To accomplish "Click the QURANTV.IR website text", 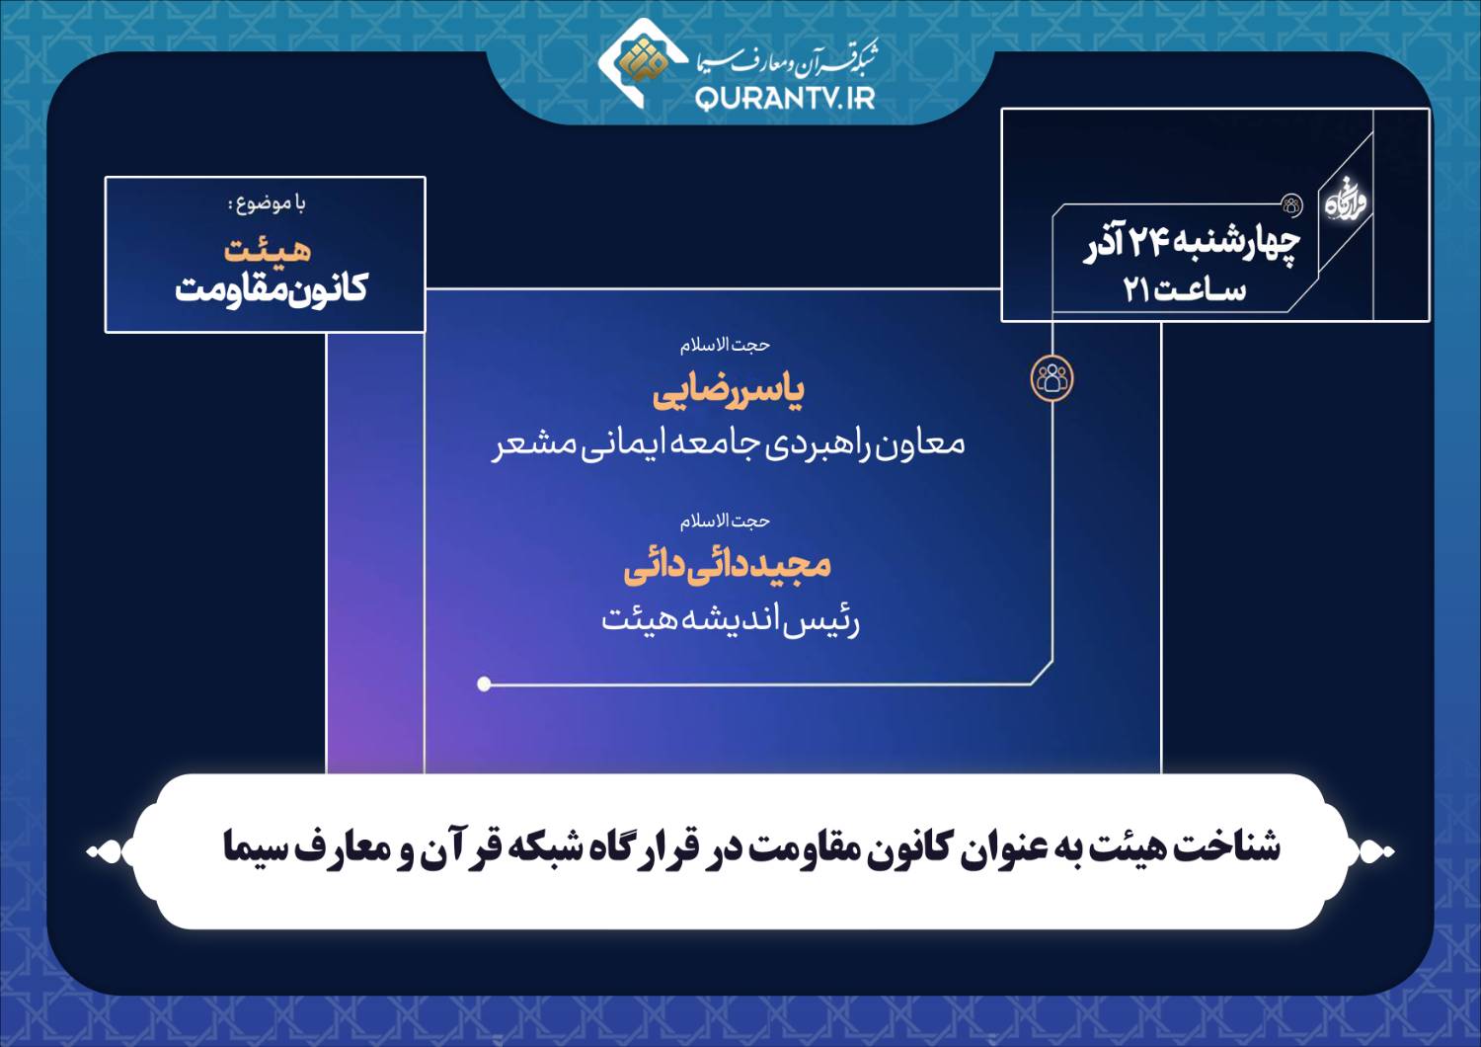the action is [785, 99].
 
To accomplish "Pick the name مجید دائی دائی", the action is [728, 568].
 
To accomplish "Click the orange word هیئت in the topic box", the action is [268, 251].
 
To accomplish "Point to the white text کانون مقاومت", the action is [272, 289].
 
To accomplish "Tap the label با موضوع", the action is [267, 203].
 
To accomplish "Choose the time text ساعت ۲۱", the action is [1185, 289].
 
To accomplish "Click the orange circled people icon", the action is [1052, 379].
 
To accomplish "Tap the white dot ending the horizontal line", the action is [484, 684].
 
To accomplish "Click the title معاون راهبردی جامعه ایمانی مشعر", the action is [728, 444].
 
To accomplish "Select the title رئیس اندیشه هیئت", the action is [730, 620].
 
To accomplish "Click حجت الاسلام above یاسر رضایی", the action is [726, 346].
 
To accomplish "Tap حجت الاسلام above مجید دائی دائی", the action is [726, 522].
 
